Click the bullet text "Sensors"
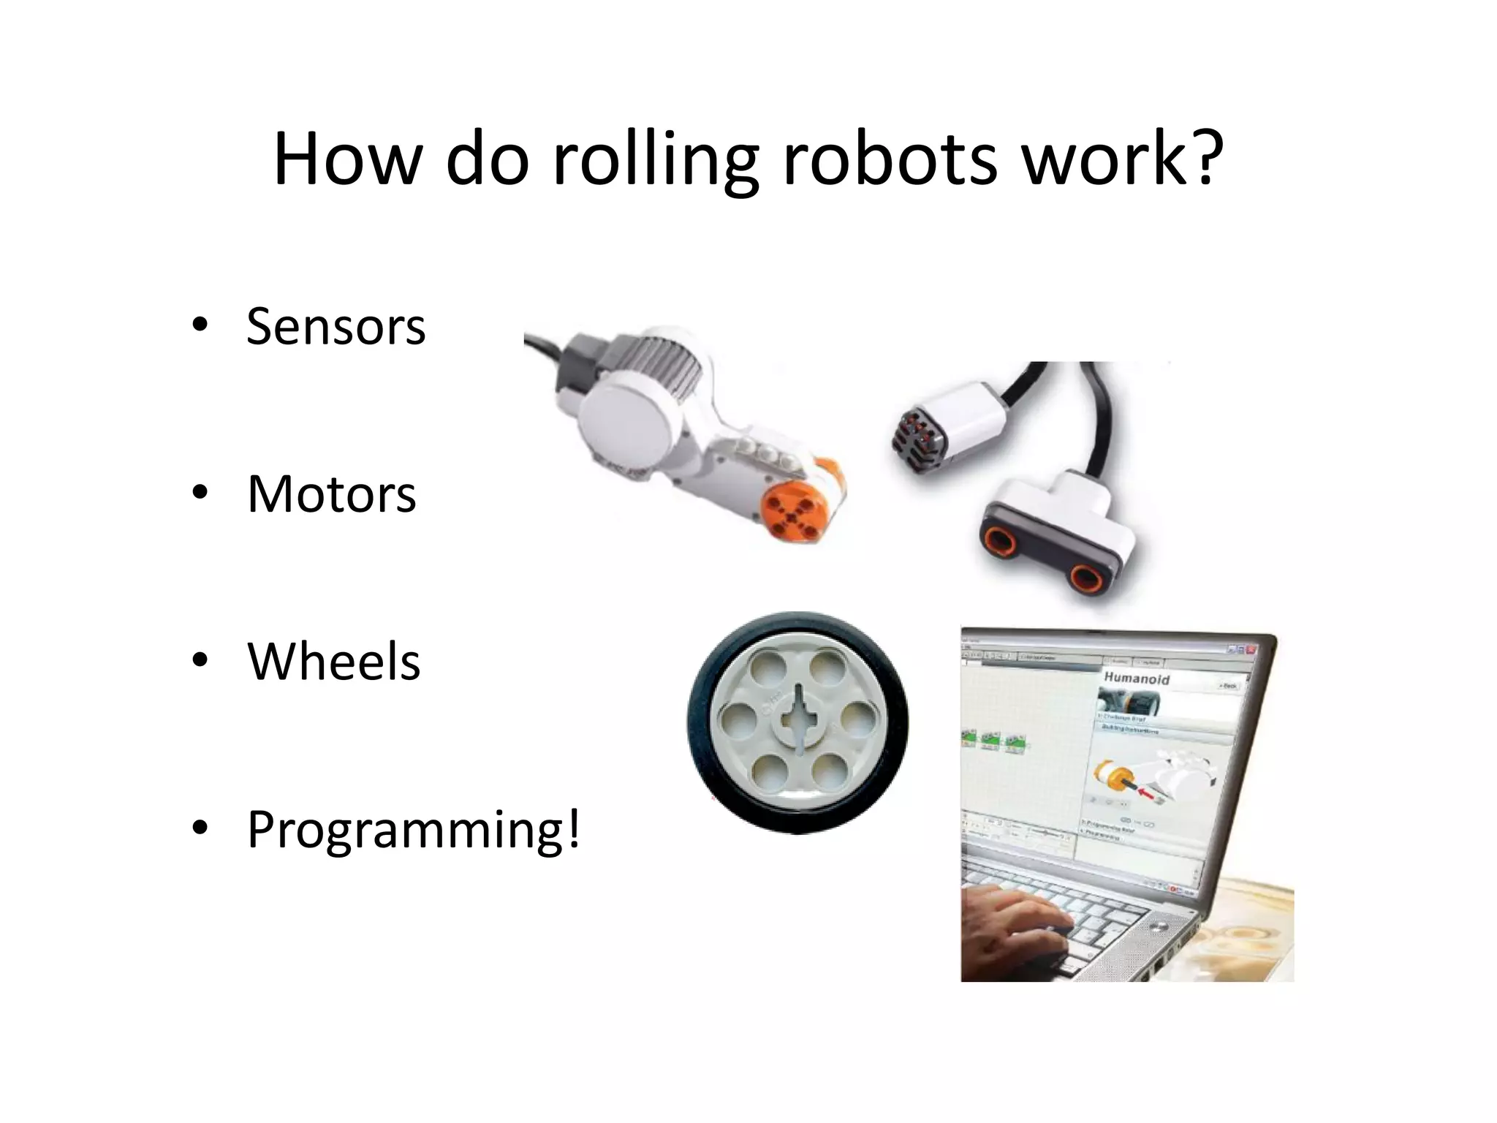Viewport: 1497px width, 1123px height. point(336,326)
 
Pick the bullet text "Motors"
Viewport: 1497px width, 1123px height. point(331,494)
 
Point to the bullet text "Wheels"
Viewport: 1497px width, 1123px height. point(333,661)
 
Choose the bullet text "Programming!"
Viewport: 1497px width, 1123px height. point(414,829)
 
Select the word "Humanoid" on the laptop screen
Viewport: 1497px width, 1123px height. point(1137,678)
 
